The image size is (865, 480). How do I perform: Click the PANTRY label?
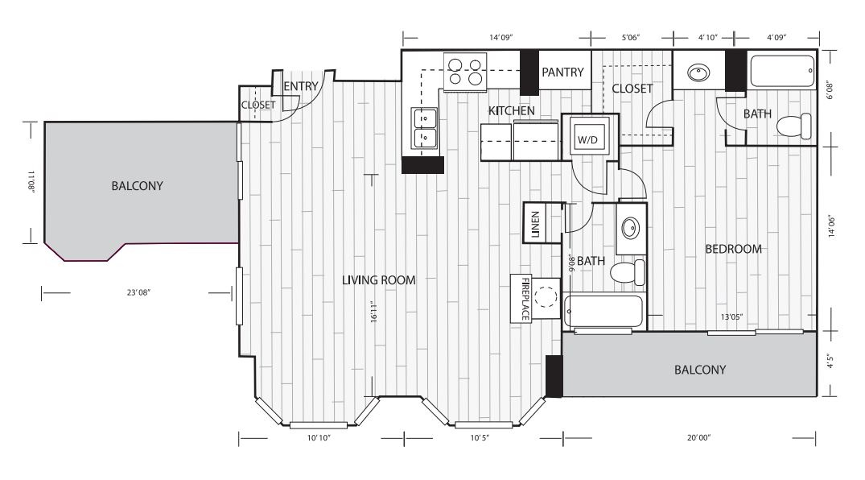click(562, 72)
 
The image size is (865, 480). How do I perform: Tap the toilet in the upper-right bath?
click(795, 126)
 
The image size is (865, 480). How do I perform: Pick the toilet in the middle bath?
click(628, 271)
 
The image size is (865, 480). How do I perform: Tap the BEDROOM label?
click(733, 249)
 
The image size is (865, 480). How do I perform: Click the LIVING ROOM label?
click(378, 280)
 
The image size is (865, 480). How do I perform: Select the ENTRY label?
click(301, 86)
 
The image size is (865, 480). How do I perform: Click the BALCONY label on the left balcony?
click(137, 186)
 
